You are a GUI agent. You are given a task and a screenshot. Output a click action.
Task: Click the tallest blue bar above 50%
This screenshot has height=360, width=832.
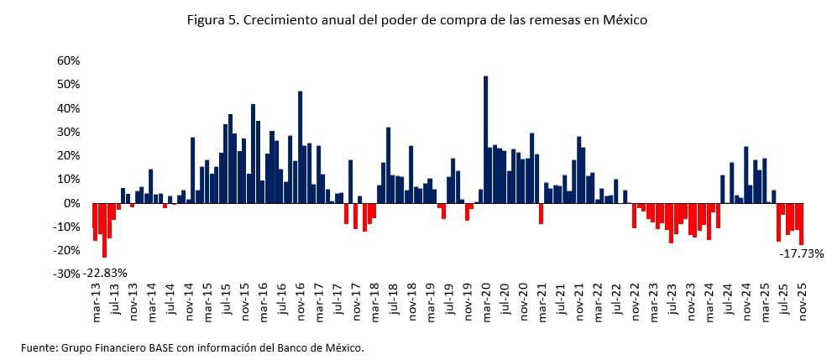pyautogui.click(x=485, y=139)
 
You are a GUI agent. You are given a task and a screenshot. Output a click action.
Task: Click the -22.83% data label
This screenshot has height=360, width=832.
pyautogui.click(x=106, y=273)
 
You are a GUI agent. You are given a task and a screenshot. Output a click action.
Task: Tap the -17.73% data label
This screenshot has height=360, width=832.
pyautogui.click(x=801, y=253)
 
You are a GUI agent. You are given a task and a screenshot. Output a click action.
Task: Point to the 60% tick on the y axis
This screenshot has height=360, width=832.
pyautogui.click(x=68, y=61)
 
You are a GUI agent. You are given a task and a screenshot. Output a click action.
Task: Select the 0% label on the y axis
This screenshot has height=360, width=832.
pyautogui.click(x=72, y=203)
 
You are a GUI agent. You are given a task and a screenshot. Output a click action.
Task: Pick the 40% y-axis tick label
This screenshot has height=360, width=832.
pyautogui.click(x=68, y=108)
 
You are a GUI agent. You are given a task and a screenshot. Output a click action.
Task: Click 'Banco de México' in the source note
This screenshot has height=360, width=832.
pyautogui.click(x=322, y=347)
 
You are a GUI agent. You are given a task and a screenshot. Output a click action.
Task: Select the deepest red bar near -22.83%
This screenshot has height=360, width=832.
pyautogui.click(x=105, y=230)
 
